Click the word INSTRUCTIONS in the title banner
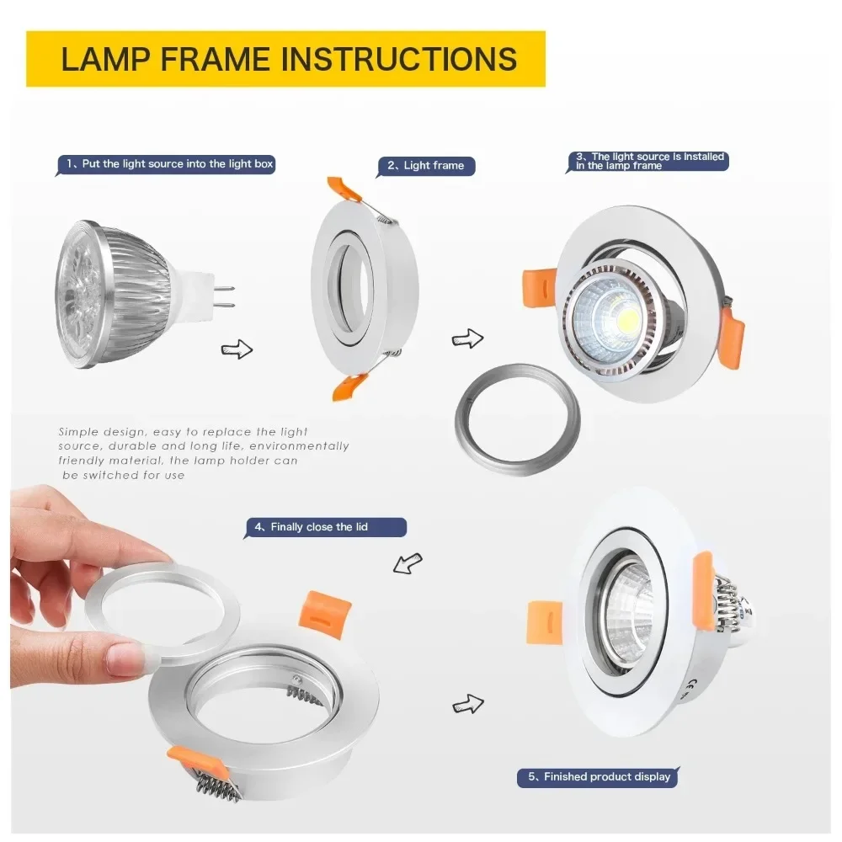(399, 59)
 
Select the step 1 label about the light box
(166, 164)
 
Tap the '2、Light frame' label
(428, 166)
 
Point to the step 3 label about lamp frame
(649, 162)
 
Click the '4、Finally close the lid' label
(325, 527)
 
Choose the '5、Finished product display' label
(598, 777)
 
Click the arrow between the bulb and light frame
(237, 349)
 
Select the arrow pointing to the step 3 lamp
(468, 339)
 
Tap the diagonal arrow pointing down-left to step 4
(408, 563)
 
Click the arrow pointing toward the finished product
(468, 703)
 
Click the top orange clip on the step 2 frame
(344, 190)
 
